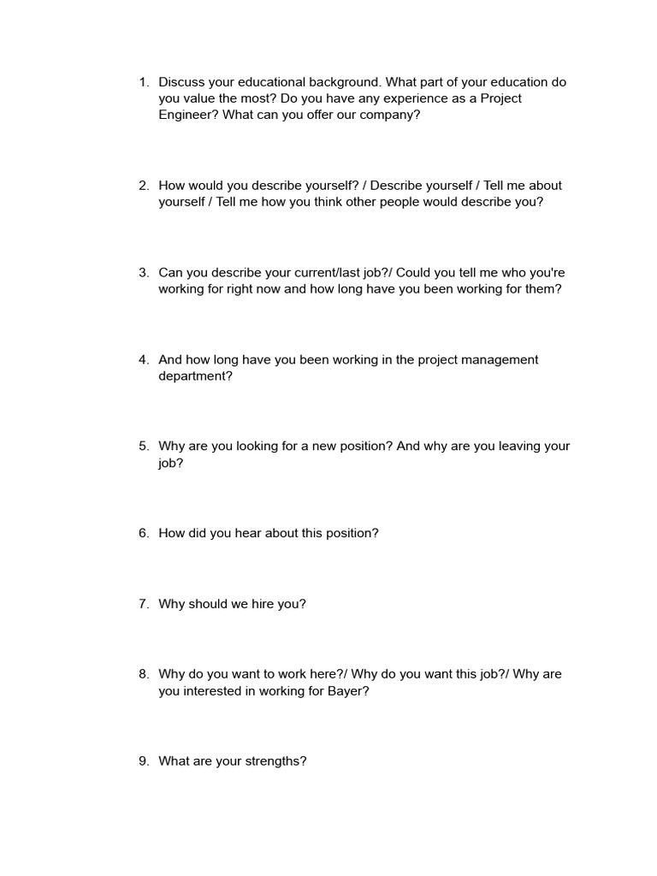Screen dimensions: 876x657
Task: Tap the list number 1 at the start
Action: (142, 82)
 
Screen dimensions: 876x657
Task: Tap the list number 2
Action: (142, 186)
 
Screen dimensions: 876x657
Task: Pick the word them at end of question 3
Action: (543, 289)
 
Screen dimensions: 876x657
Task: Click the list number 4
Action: (142, 360)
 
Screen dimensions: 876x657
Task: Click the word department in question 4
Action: (194, 376)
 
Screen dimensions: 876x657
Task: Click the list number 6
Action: (142, 533)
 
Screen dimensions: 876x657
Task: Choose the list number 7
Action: (142, 604)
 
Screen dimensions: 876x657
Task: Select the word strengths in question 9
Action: (275, 761)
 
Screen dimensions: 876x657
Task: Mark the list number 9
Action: (142, 761)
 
